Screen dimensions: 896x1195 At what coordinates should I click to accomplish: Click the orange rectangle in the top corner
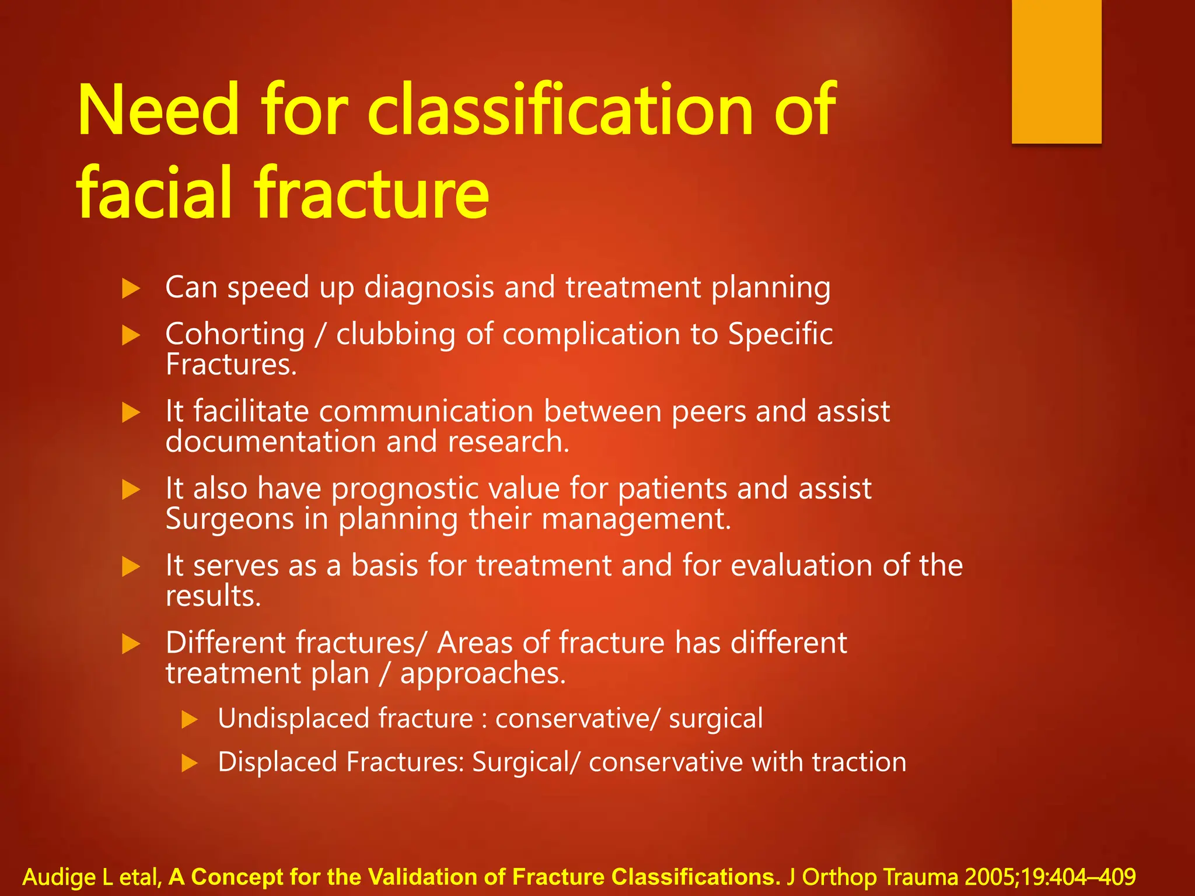coord(1056,71)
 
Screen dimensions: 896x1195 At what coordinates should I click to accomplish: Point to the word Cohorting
coord(235,334)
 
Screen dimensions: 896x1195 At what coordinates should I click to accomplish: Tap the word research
coord(508,442)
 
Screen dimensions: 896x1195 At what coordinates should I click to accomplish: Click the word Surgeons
coord(229,519)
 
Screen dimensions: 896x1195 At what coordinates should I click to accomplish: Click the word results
coord(213,596)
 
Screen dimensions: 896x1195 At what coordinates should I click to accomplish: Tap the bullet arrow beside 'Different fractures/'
coord(131,644)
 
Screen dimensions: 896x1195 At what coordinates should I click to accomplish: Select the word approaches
coord(483,674)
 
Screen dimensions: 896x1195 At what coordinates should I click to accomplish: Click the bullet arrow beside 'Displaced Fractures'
coord(190,763)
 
